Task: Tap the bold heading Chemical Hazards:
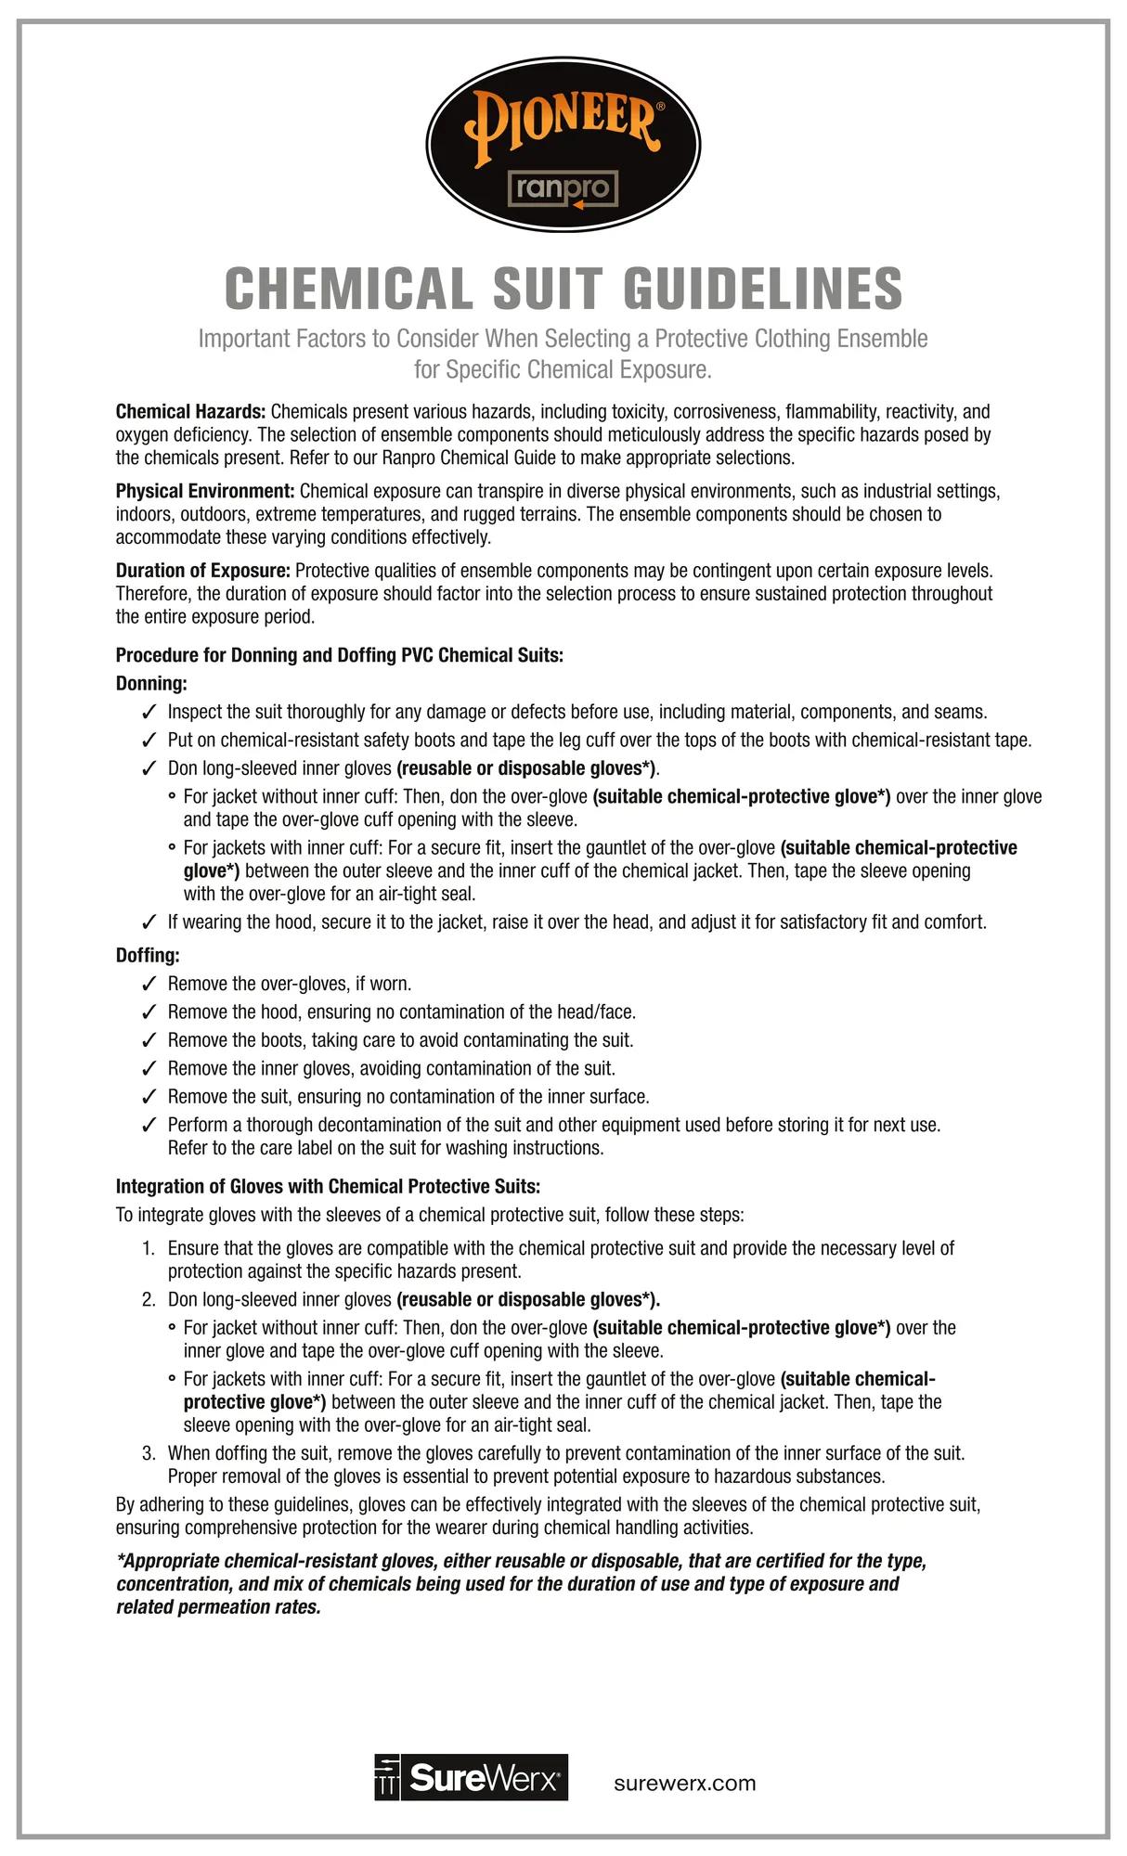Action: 190,411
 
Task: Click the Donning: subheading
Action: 151,684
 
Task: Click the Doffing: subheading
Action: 148,955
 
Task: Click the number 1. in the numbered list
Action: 149,1249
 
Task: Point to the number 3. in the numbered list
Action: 149,1453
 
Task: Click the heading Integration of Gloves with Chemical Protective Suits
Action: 328,1187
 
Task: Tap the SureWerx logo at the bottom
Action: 471,1777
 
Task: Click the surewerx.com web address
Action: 685,1784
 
